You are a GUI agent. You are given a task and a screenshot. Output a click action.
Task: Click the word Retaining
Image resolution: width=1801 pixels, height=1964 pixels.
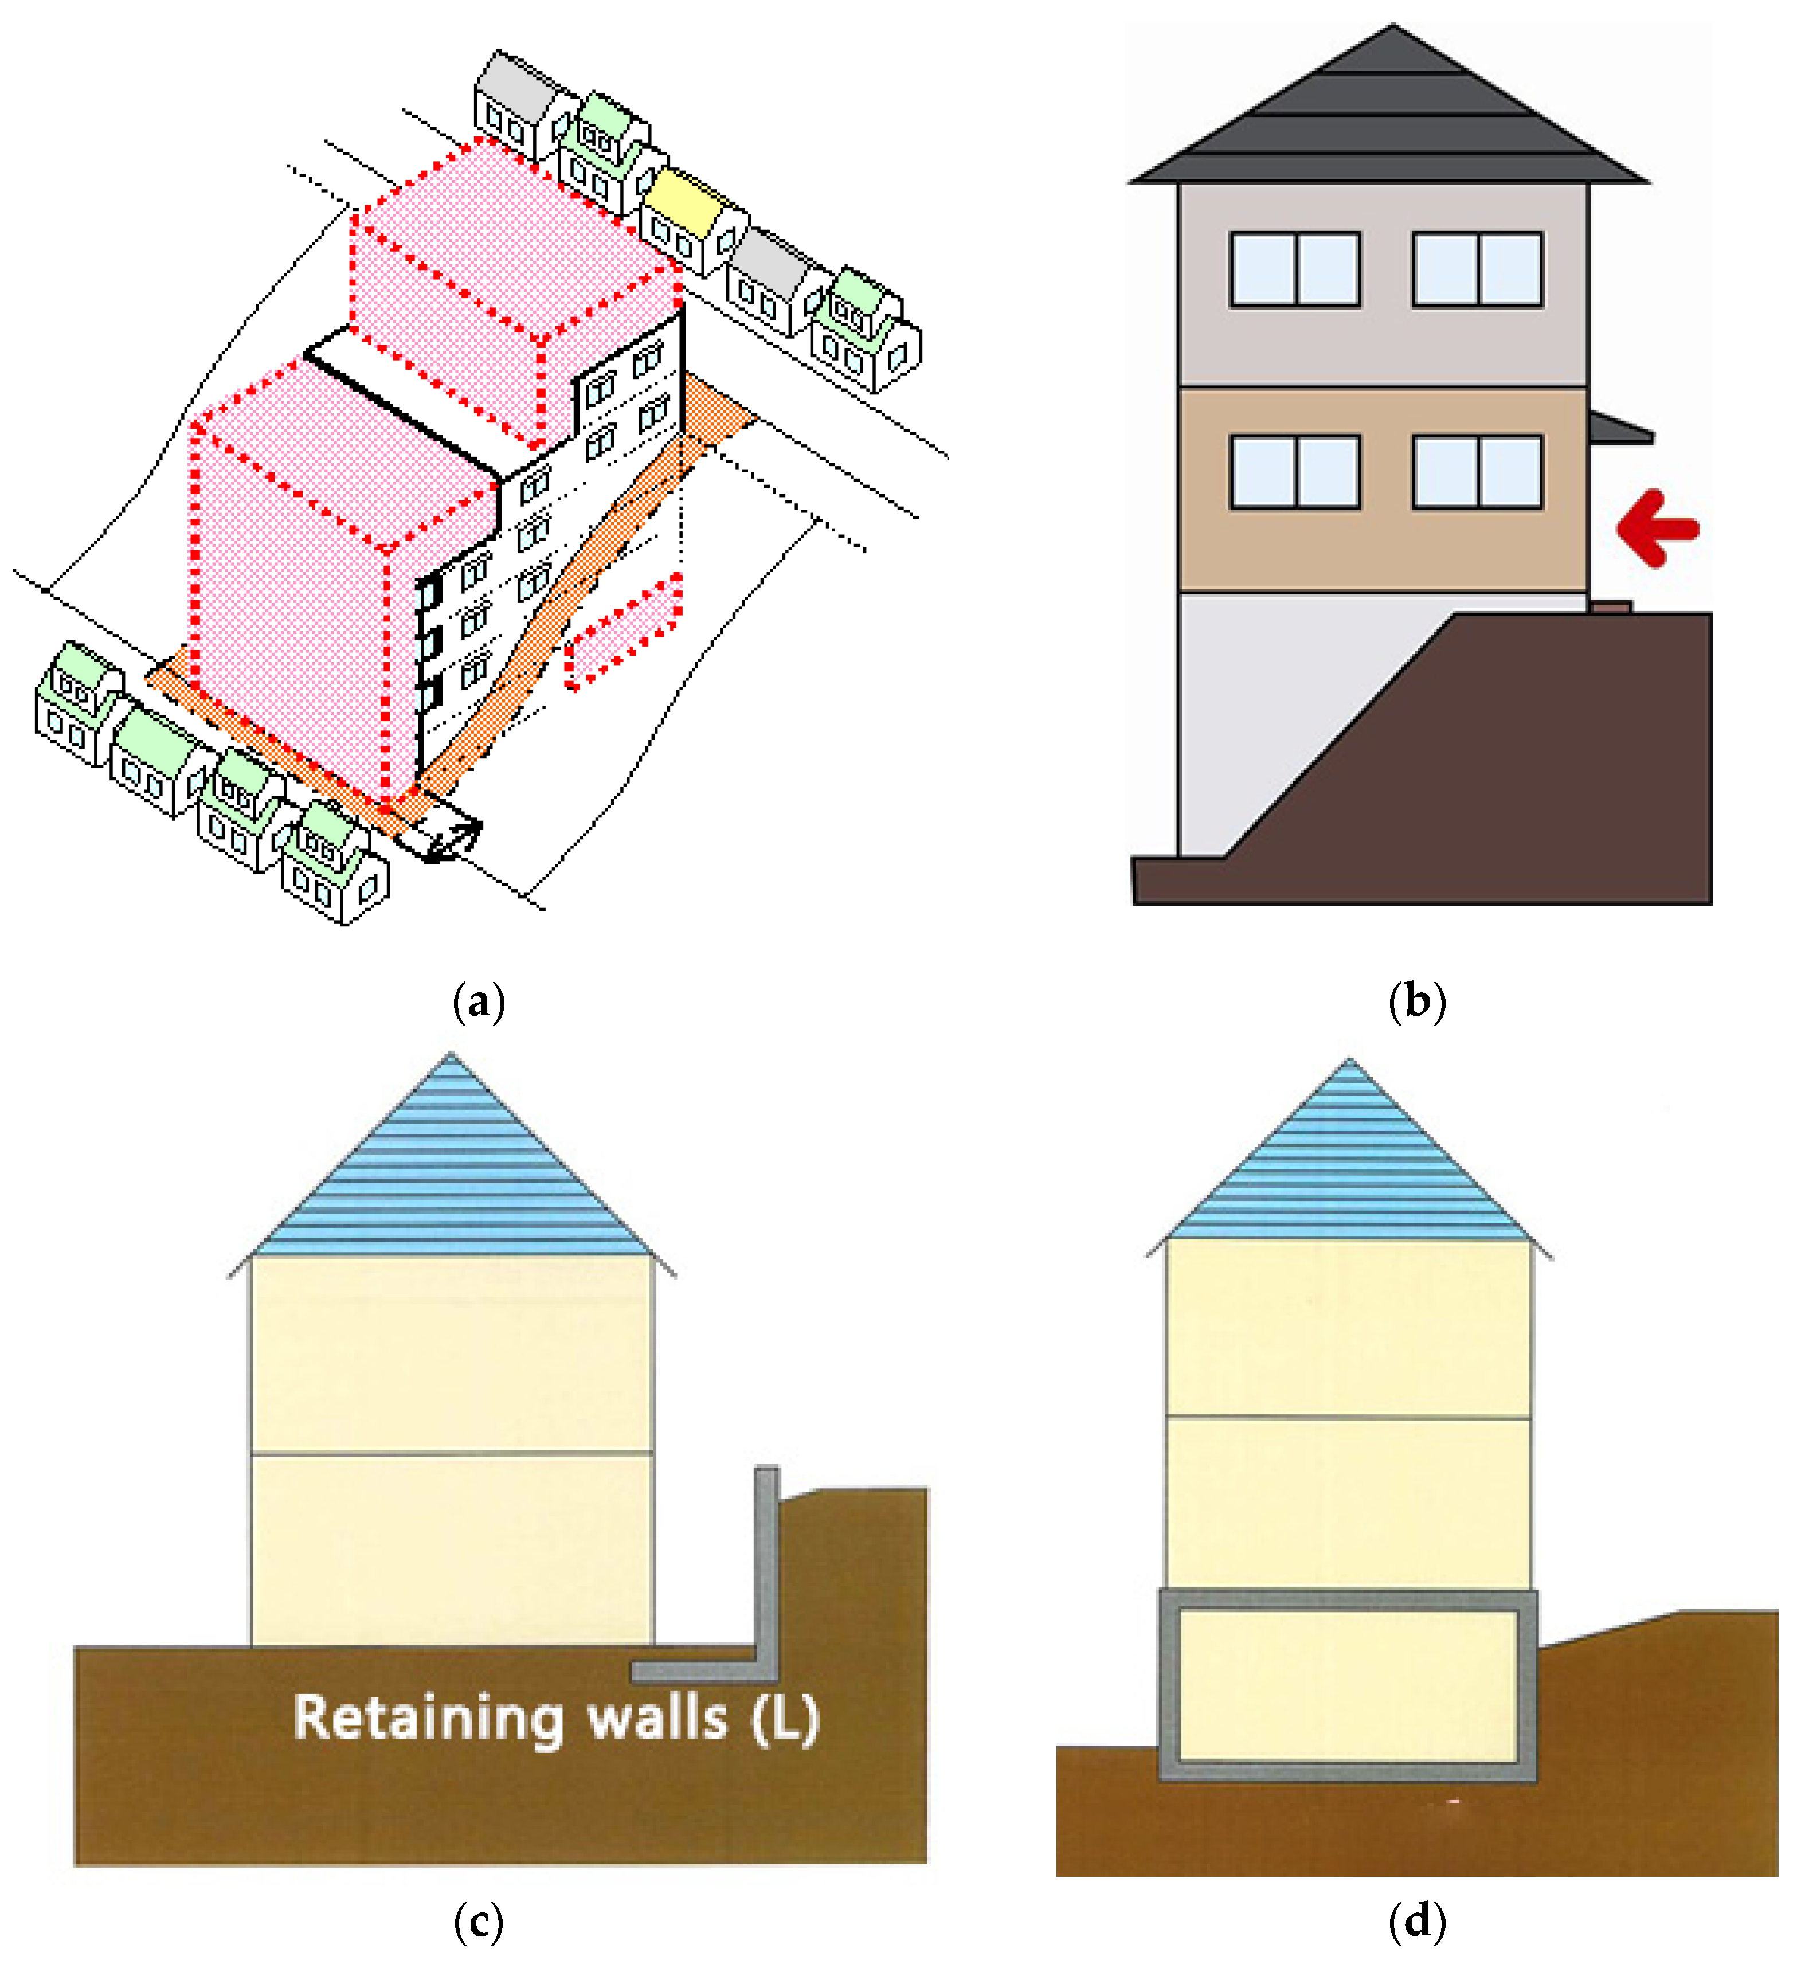[429, 1719]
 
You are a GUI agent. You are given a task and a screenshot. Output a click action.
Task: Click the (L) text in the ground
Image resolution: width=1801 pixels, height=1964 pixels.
[785, 1719]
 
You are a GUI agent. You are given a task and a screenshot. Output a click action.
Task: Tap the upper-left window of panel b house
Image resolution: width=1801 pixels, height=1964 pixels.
[1294, 269]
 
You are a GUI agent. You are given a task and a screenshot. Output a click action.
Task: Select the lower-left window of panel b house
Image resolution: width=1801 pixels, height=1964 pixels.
[1294, 472]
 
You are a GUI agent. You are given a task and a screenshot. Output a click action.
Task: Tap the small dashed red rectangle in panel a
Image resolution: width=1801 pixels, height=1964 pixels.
[624, 633]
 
